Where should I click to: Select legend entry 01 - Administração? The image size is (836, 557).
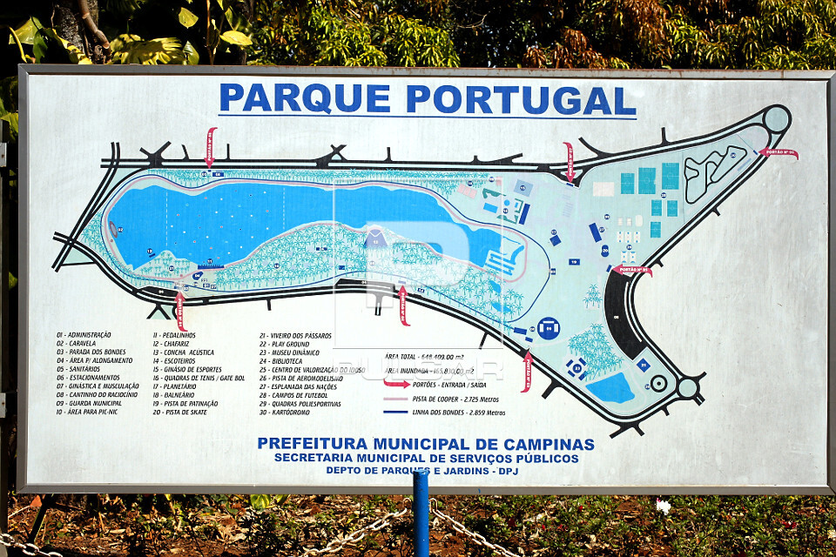coord(84,335)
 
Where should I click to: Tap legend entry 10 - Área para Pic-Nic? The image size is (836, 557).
coord(91,412)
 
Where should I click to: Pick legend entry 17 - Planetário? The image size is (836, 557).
coord(175,386)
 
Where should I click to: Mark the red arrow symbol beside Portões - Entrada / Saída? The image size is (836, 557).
coord(396,383)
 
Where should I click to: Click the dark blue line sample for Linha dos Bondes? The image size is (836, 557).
coord(396,412)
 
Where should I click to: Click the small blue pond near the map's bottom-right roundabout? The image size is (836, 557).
coord(611,387)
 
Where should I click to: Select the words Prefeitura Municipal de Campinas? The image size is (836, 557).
coord(426,444)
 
